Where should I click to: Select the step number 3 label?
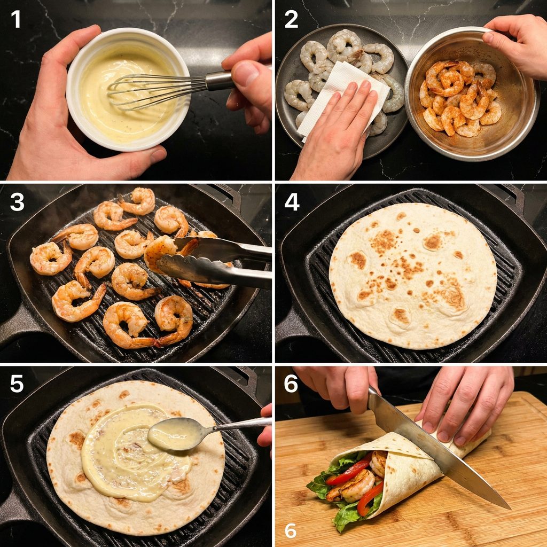(x=17, y=202)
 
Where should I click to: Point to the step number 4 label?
(x=292, y=202)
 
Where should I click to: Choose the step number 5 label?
(x=17, y=384)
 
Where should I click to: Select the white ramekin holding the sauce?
(x=128, y=89)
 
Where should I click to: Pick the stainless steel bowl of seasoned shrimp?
(x=472, y=93)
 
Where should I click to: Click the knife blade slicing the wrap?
(x=436, y=450)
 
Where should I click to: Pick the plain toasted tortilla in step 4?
(x=413, y=276)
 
